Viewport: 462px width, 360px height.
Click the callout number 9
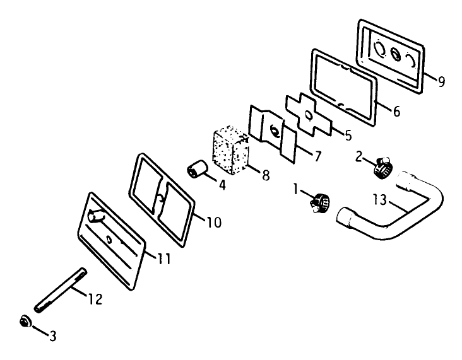[441, 81]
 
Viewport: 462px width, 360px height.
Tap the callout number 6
[397, 111]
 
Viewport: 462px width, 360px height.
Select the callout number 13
[380, 200]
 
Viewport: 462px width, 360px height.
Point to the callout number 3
[53, 336]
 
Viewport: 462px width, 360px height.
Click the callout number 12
[95, 299]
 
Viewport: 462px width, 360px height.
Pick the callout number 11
[164, 258]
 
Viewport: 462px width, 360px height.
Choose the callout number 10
[214, 222]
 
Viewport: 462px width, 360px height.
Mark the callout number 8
[266, 175]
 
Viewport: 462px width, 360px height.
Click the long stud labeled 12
[60, 290]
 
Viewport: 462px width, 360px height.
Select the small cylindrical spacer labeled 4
[197, 169]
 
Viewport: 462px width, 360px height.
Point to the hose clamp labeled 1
[319, 202]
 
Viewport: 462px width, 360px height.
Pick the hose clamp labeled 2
[384, 167]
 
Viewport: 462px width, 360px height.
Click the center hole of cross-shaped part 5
[308, 115]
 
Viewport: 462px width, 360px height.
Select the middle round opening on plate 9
[396, 55]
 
